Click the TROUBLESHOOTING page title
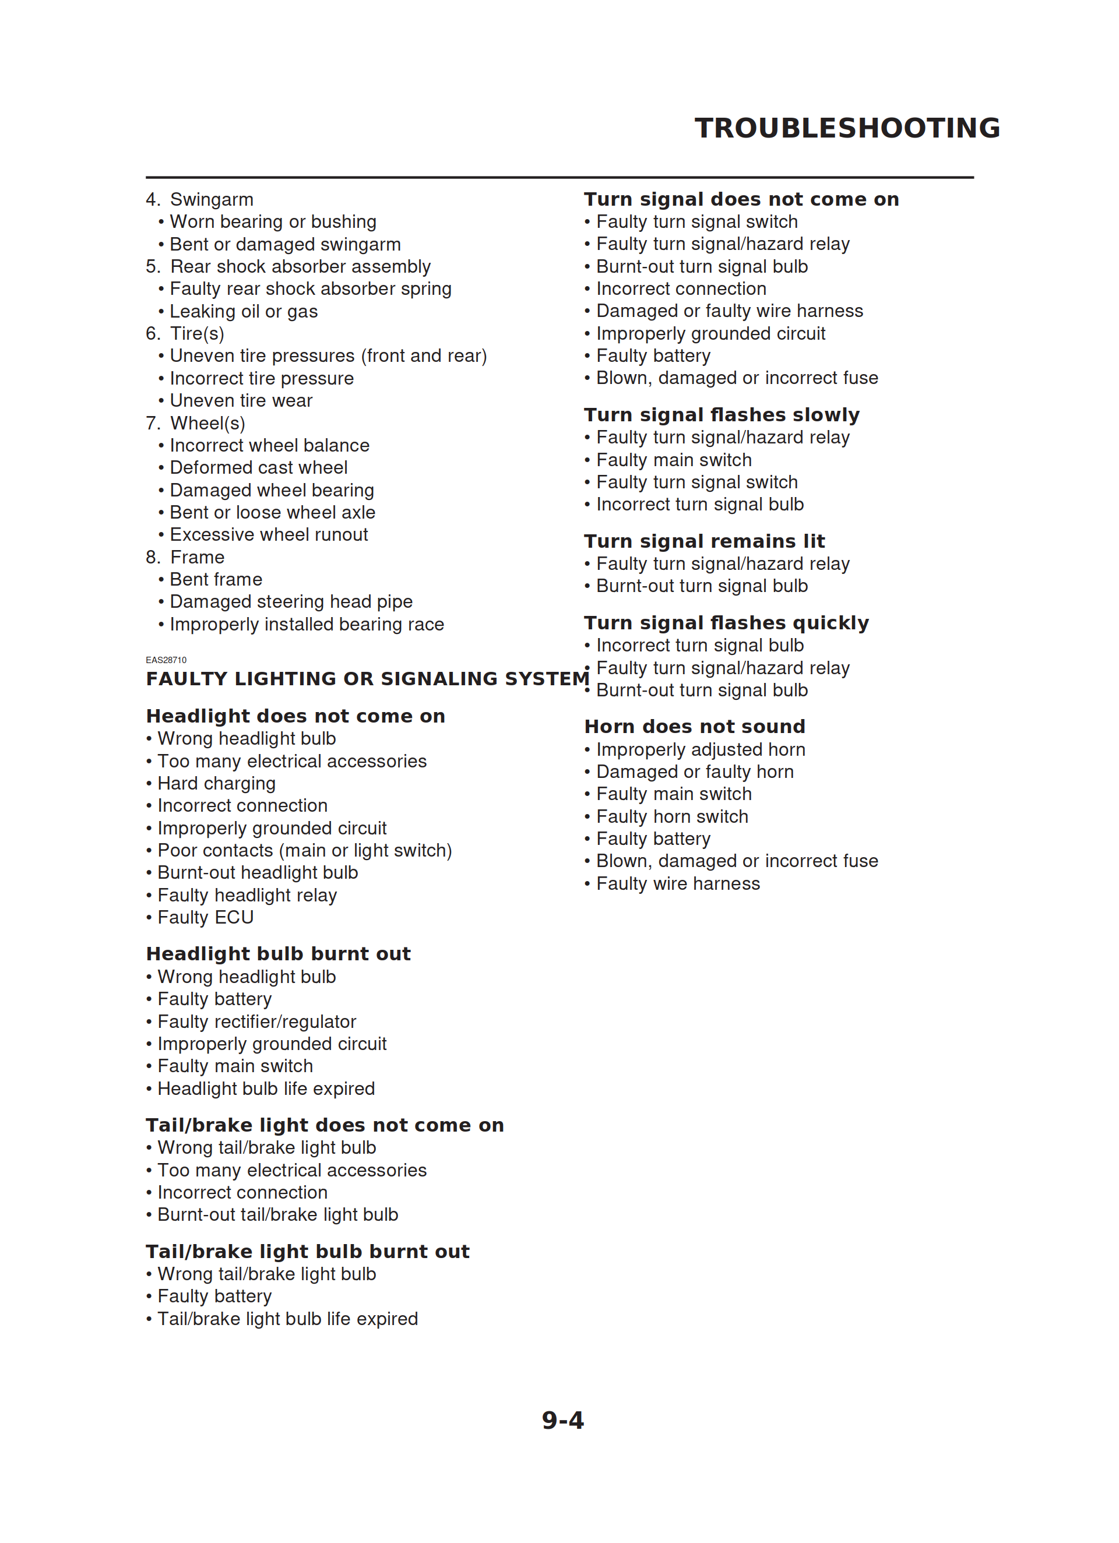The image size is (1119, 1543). pyautogui.click(x=847, y=128)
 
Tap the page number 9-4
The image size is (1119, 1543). pyautogui.click(x=562, y=1421)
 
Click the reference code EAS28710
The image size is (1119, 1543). pyautogui.click(x=166, y=660)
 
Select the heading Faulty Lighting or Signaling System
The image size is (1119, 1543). pyautogui.click(x=368, y=679)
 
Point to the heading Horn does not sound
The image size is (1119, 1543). pyautogui.click(x=694, y=727)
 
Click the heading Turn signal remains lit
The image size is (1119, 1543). pyautogui.click(x=705, y=541)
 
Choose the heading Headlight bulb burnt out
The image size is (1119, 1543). pyautogui.click(x=279, y=954)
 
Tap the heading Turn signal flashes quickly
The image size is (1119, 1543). pyautogui.click(x=726, y=623)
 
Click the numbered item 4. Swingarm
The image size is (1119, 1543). pyautogui.click(x=199, y=199)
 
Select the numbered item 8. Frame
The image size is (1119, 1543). pyautogui.click(x=185, y=557)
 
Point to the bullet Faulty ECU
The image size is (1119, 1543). pyautogui.click(x=206, y=918)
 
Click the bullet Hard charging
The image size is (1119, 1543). pyautogui.click(x=216, y=784)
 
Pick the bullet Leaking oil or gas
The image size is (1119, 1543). pyautogui.click(x=244, y=312)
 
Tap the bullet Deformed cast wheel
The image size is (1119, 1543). pyautogui.click(x=259, y=468)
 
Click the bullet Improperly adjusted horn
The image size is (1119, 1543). pyautogui.click(x=701, y=750)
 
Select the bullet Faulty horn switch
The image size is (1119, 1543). pyautogui.click(x=672, y=817)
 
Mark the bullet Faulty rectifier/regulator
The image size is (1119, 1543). pyautogui.click(x=256, y=1022)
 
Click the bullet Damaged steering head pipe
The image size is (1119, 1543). pyautogui.click(x=291, y=602)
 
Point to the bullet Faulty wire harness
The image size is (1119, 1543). pyautogui.click(x=678, y=884)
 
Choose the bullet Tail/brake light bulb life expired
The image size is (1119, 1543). pyautogui.click(x=287, y=1319)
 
